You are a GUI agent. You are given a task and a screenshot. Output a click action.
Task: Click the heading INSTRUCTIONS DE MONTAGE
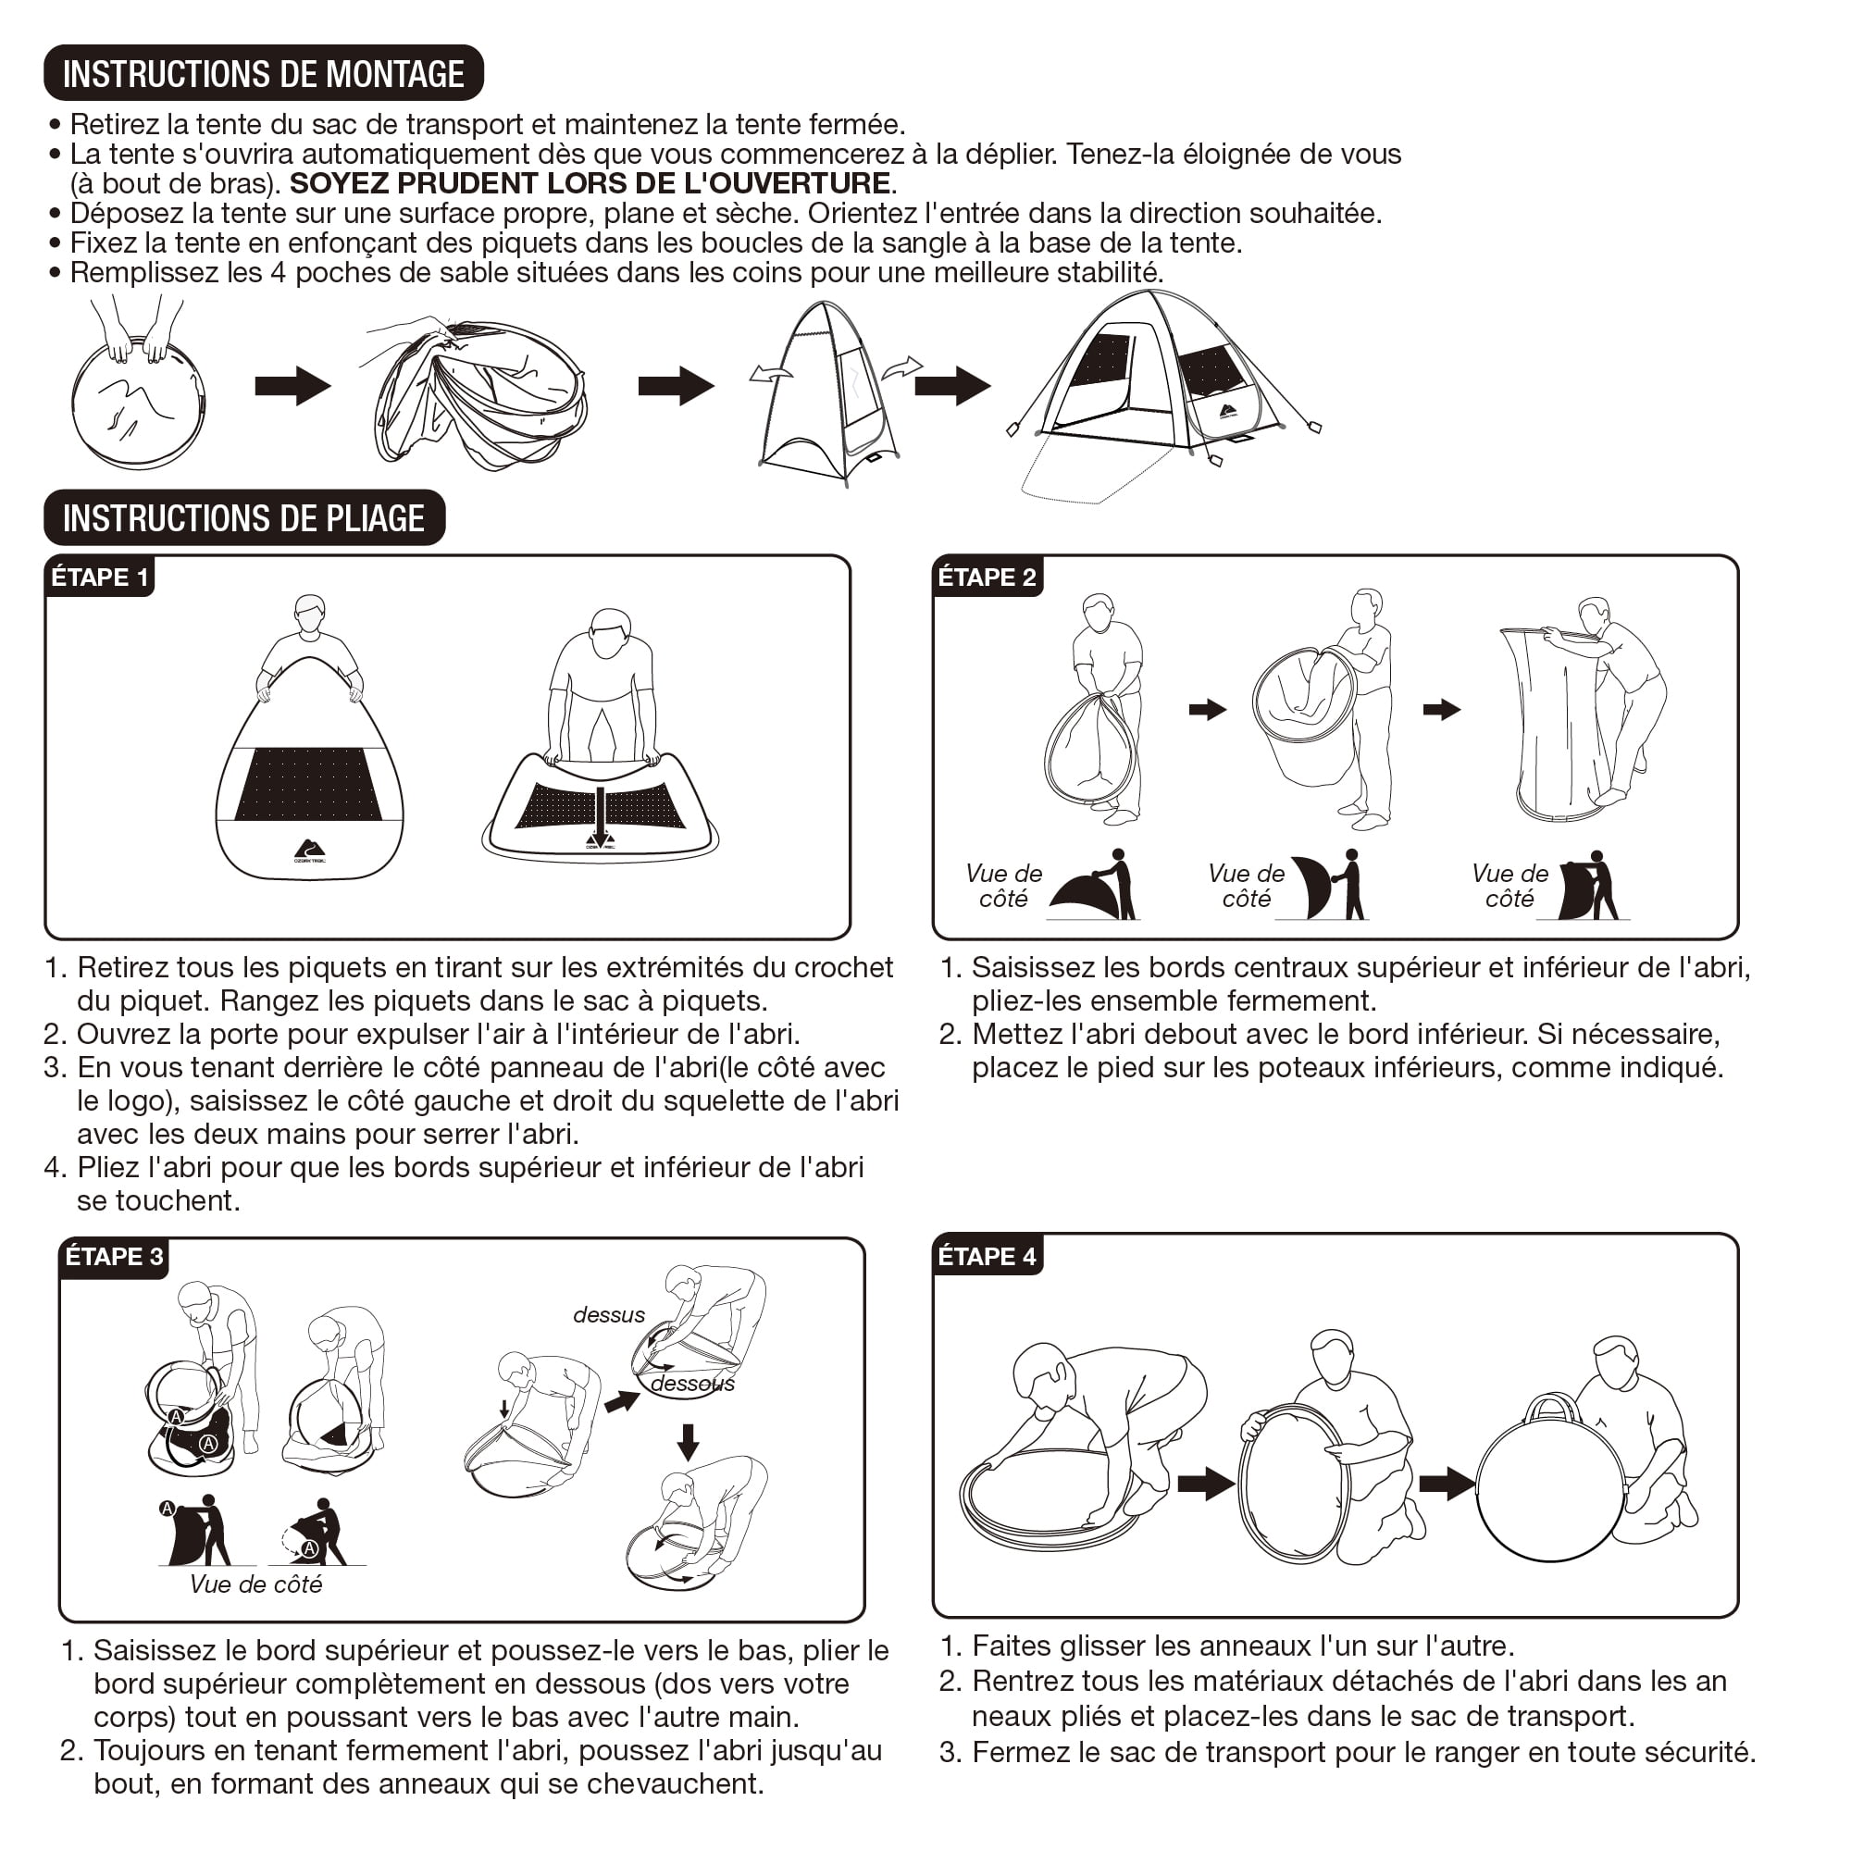pyautogui.click(x=264, y=73)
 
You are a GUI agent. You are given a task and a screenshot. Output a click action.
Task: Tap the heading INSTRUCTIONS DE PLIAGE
pyautogui.click(x=244, y=518)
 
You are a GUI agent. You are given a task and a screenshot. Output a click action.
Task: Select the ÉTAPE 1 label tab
pyautogui.click(x=100, y=578)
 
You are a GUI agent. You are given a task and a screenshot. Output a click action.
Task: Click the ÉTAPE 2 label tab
pyautogui.click(x=988, y=578)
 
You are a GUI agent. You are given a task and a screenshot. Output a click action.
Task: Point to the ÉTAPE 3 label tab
pyautogui.click(x=114, y=1257)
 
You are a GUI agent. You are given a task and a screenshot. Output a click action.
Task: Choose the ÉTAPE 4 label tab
pyautogui.click(x=988, y=1257)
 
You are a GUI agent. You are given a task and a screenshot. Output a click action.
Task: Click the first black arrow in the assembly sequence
pyautogui.click(x=293, y=386)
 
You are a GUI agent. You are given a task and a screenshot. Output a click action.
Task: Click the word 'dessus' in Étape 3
pyautogui.click(x=609, y=1315)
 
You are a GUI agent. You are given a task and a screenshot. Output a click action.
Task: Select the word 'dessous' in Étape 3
pyautogui.click(x=692, y=1385)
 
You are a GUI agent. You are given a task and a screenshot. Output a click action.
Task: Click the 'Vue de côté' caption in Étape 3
pyautogui.click(x=255, y=1584)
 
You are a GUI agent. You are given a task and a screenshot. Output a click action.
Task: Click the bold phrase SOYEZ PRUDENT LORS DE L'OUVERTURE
pyautogui.click(x=590, y=183)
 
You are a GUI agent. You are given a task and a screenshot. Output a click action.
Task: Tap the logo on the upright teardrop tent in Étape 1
pyautogui.click(x=309, y=851)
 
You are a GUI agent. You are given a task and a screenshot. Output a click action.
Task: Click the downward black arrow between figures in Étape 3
pyautogui.click(x=688, y=1443)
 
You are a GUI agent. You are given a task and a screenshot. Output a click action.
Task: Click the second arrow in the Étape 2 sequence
pyautogui.click(x=1442, y=710)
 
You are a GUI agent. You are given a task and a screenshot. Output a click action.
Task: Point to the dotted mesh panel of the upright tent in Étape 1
pyautogui.click(x=308, y=785)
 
